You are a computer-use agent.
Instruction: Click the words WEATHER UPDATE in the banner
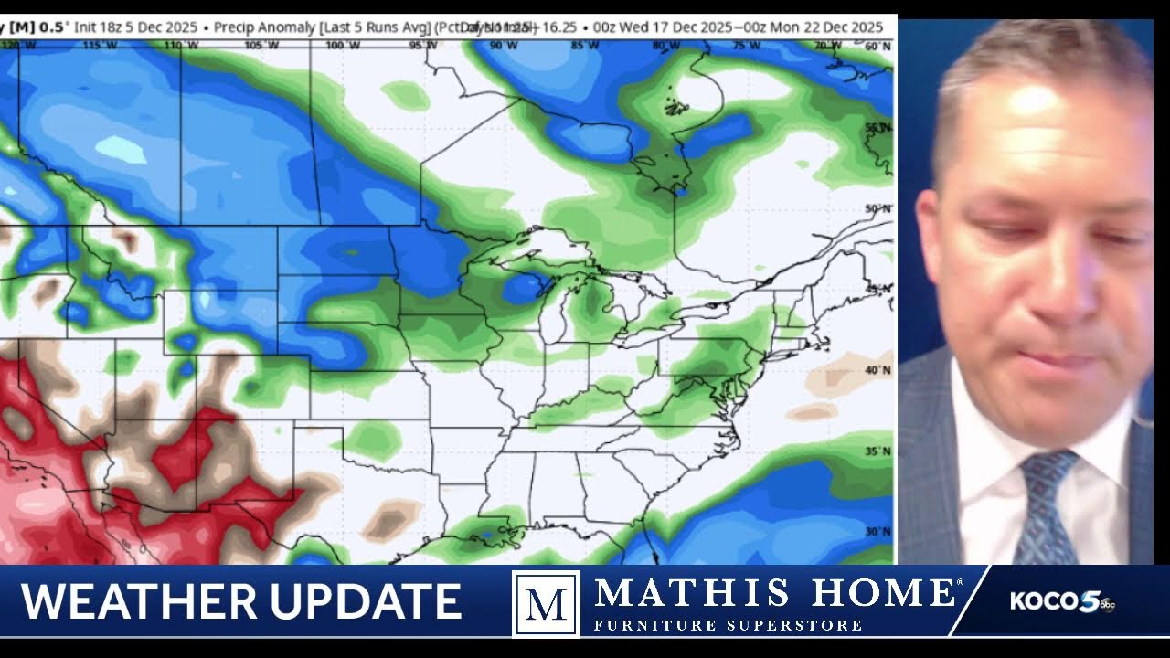240,602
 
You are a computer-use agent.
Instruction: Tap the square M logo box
546,603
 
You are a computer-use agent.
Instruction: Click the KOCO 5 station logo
1060,601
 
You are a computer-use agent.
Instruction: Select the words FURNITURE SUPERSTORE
728,626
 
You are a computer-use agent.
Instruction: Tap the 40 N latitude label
877,370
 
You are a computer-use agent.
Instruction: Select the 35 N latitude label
877,451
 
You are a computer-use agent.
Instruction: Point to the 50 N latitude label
877,209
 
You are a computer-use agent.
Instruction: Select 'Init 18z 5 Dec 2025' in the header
134,27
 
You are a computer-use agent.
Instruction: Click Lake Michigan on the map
548,311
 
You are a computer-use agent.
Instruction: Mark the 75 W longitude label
746,45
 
